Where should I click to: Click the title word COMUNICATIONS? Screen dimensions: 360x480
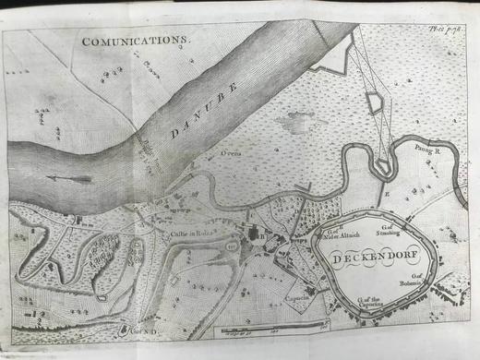point(134,42)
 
